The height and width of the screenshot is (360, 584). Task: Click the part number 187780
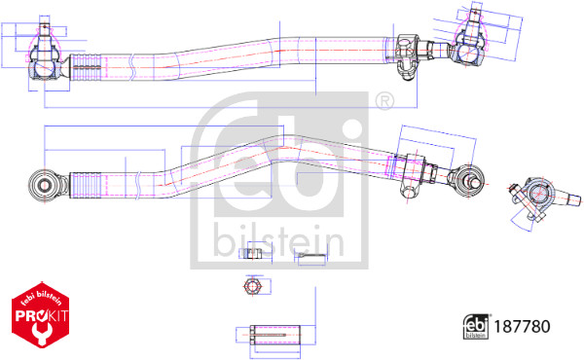point(522,327)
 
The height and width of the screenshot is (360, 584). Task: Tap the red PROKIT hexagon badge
point(41,314)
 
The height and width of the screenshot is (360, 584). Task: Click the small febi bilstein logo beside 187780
point(476,327)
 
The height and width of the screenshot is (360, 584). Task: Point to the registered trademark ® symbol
point(384,100)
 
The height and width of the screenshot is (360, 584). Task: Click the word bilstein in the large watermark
point(278,240)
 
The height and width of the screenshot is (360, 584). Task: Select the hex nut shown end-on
point(253,286)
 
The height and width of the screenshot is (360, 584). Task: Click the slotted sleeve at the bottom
point(275,335)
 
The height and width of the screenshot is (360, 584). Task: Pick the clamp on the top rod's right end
point(407,55)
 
